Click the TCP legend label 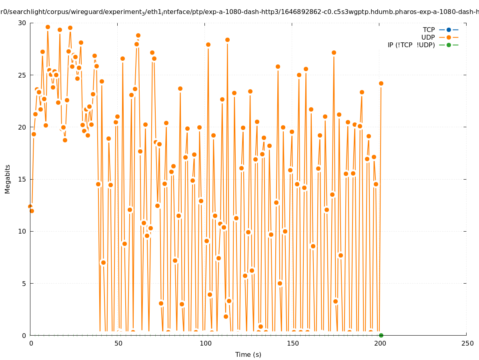click(x=429, y=30)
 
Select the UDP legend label click(x=428, y=37)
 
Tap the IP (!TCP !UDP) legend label click(x=411, y=45)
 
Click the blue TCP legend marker click(x=449, y=30)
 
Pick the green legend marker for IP click(x=449, y=45)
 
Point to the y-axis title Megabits click(x=8, y=179)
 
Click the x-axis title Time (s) click(x=248, y=354)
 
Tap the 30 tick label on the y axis click(x=22, y=23)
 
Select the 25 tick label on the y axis click(x=22, y=75)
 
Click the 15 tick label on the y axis click(x=22, y=179)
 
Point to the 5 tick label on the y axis click(x=24, y=283)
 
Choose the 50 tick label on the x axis click(x=118, y=344)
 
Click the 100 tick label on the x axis click(x=205, y=344)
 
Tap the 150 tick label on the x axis click(x=293, y=344)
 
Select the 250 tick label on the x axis click(x=467, y=344)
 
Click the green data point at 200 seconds click(x=381, y=335)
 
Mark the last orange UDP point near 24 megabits click(x=381, y=83)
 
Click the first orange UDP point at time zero click(x=30, y=206)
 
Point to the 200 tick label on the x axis click(x=380, y=344)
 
